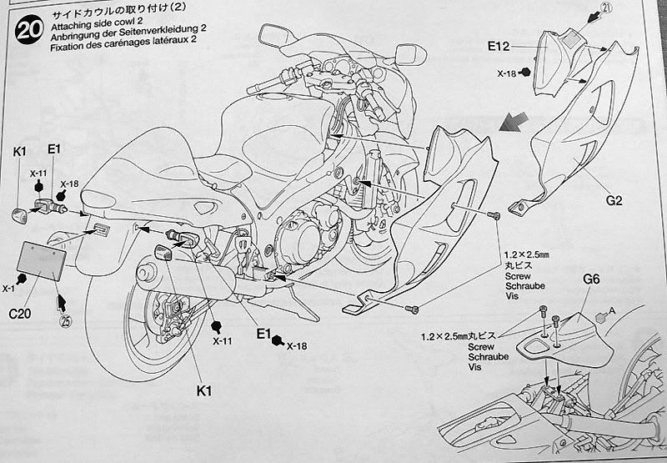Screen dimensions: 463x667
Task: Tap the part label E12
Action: (x=518, y=47)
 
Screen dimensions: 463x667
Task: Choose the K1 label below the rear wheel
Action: (x=203, y=388)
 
